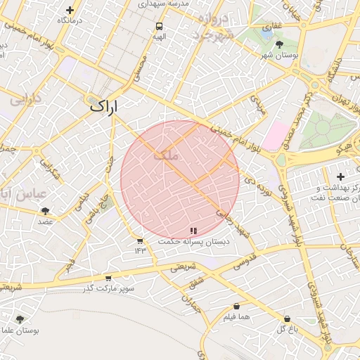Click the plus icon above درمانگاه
coord(70,10)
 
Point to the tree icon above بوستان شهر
coord(279,44)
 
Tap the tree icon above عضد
coord(46,211)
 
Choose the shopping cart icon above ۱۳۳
coord(140,241)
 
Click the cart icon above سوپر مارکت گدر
coord(107,278)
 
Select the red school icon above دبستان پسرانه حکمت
coord(193,231)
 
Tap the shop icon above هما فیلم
coord(236,307)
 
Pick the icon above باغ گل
coord(287,319)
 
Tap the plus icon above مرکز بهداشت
coord(341,176)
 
